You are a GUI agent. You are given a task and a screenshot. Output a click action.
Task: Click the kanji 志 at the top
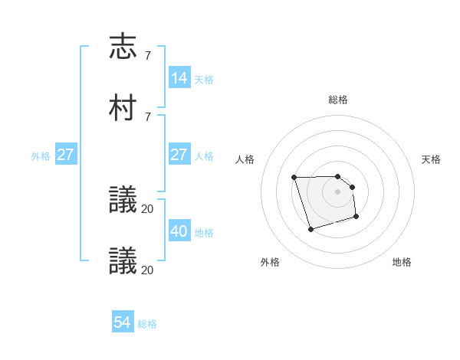coord(123,47)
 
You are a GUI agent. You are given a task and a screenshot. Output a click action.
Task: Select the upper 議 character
coord(123,200)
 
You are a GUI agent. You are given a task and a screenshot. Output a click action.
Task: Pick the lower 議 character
coord(123,260)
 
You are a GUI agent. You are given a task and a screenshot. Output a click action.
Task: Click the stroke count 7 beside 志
coord(147,55)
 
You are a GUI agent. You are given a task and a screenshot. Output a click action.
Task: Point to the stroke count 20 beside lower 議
coord(148,270)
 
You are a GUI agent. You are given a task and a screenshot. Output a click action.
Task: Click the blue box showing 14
coord(179,78)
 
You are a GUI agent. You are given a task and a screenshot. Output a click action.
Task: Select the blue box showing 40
coord(179,231)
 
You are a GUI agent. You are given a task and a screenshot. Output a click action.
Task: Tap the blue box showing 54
coord(123,322)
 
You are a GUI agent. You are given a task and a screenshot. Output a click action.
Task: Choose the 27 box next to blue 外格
coord(66,155)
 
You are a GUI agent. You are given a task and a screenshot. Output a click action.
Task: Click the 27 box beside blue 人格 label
coord(179,155)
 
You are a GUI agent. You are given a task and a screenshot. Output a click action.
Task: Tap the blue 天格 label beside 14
coord(204,79)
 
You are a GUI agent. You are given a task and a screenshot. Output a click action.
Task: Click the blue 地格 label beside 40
coord(204,232)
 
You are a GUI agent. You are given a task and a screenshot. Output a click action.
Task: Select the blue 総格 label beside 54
coord(147,323)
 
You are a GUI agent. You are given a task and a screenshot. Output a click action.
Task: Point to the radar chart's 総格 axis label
coord(337,100)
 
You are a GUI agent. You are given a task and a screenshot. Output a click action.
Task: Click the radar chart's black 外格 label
coord(270,262)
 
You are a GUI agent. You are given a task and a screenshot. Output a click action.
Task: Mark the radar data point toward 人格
coord(294,178)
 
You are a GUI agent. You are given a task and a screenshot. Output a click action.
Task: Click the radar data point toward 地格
coord(356,217)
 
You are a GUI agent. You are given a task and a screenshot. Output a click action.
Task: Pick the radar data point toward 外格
coord(310,229)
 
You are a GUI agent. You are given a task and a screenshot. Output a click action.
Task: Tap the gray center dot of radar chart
coord(337,191)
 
